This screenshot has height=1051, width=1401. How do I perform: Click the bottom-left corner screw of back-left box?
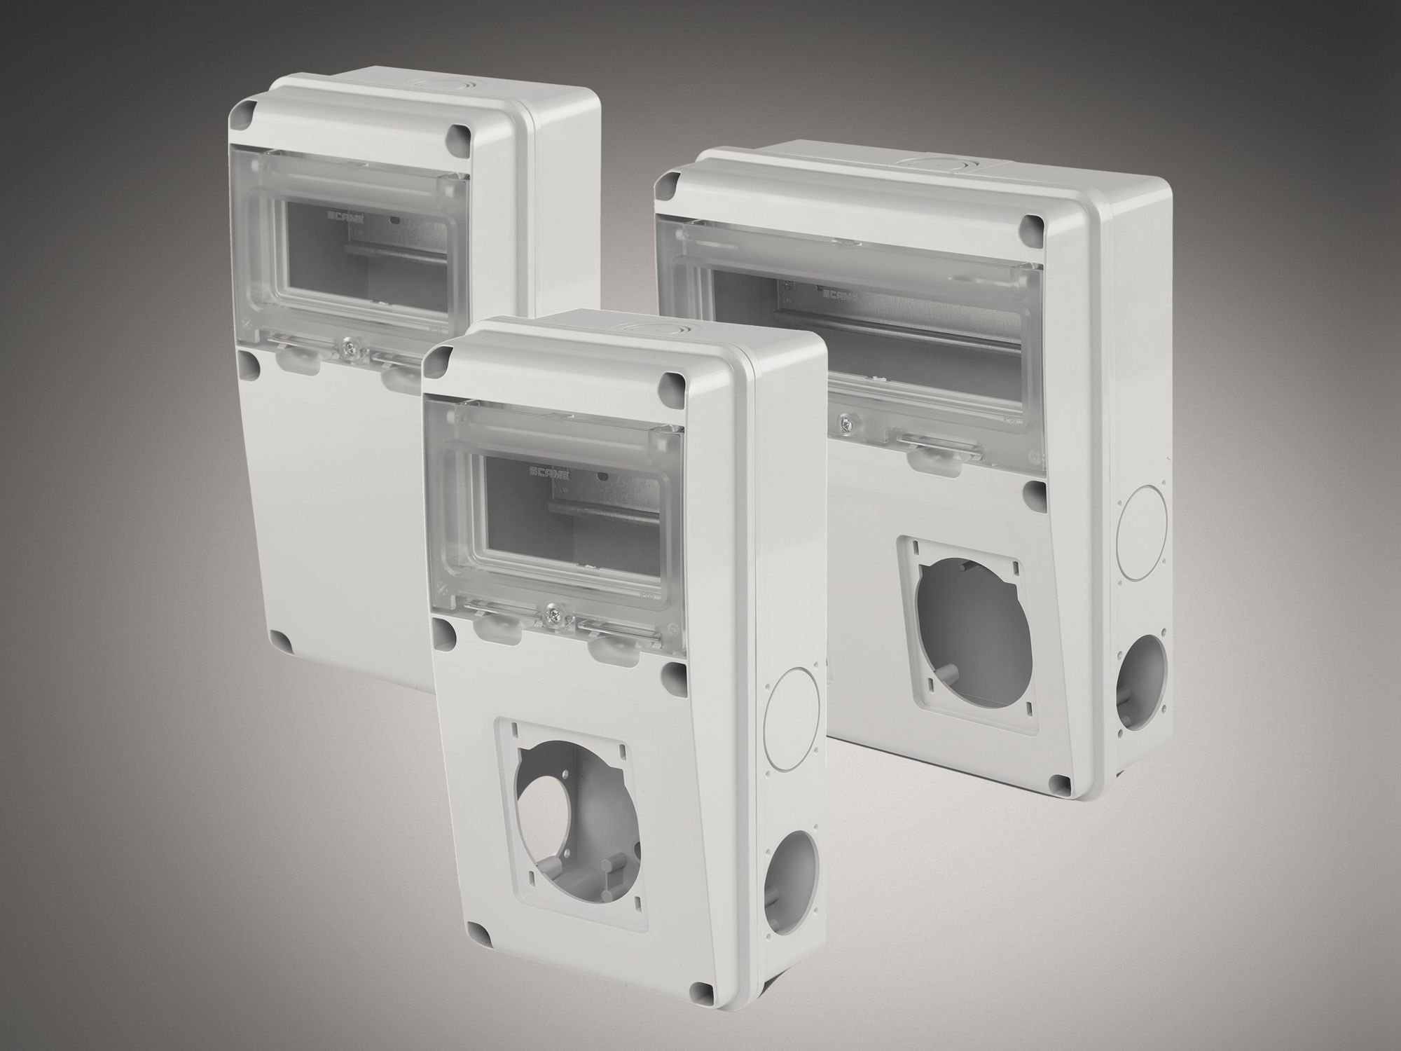click(280, 643)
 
